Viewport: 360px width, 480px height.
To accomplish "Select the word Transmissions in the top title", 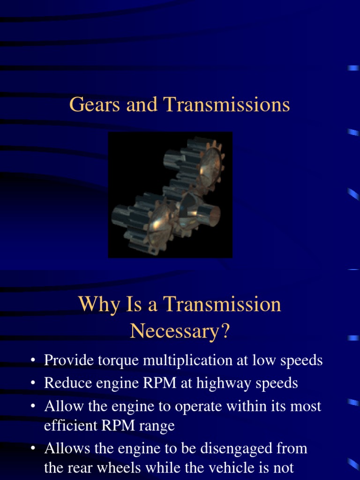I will pyautogui.click(x=226, y=105).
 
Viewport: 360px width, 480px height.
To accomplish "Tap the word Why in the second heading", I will pyautogui.click(x=96, y=305).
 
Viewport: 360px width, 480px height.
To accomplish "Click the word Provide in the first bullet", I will pyautogui.click(x=67, y=360).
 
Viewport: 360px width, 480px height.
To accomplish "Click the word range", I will pyautogui.click(x=158, y=427).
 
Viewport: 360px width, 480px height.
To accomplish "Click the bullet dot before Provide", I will pyautogui.click(x=32, y=361).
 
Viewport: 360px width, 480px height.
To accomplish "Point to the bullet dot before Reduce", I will pyautogui.click(x=32, y=383).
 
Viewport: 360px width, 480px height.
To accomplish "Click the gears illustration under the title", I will pyautogui.click(x=170, y=195).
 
